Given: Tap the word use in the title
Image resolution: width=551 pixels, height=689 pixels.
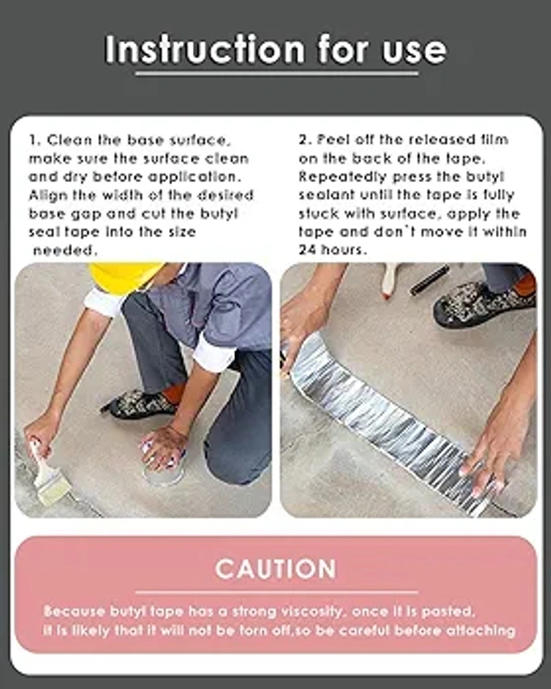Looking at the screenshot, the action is [414, 51].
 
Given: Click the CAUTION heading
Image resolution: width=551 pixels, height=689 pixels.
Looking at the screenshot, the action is [275, 569].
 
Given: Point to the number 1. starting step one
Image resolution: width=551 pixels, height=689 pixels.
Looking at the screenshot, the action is [35, 141].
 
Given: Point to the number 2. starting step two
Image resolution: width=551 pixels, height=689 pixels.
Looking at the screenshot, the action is [306, 141].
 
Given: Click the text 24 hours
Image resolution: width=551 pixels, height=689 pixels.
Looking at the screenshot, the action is [332, 250].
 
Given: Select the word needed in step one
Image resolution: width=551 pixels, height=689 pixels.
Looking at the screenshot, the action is [64, 251].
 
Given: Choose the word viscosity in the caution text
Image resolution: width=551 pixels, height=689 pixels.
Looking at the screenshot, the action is [311, 612].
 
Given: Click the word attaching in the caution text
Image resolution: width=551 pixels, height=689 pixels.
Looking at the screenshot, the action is [480, 631].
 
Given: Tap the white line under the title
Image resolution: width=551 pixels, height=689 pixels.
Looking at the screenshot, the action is [276, 73].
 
